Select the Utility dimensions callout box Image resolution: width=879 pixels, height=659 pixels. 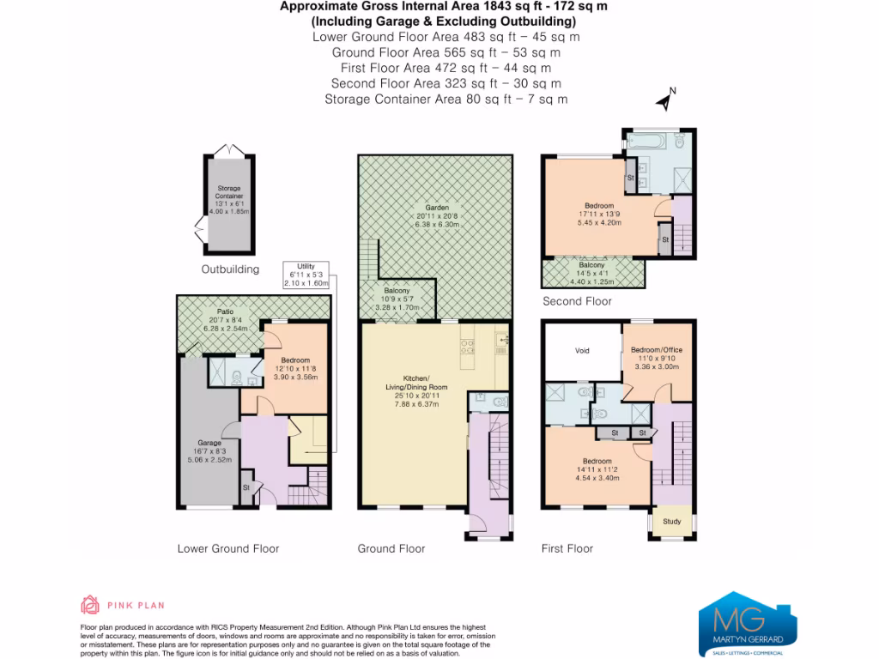click(307, 275)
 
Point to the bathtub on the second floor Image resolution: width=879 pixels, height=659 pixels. click(651, 139)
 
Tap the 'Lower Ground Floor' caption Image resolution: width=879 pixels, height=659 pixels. click(227, 549)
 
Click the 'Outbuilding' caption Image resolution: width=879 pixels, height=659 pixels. click(229, 269)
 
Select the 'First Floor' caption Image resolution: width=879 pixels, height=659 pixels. click(567, 549)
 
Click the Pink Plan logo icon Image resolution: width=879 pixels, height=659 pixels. click(89, 606)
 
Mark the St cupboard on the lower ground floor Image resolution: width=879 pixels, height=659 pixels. click(246, 488)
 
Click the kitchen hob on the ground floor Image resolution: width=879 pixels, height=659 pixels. click(469, 348)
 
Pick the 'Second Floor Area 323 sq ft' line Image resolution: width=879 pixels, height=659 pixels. click(446, 83)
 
